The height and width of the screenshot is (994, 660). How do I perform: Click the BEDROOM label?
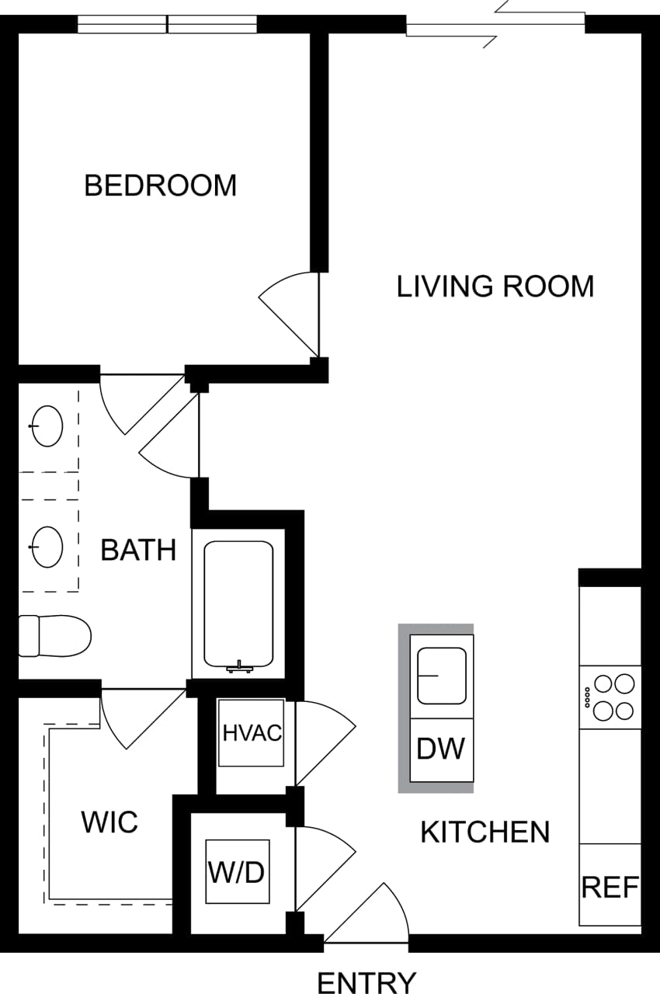pyautogui.click(x=160, y=186)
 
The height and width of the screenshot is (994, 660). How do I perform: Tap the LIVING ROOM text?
pyautogui.click(x=495, y=287)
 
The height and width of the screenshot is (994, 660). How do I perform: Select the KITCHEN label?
pyautogui.click(x=485, y=832)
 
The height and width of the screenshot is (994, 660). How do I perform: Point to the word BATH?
pyautogui.click(x=138, y=551)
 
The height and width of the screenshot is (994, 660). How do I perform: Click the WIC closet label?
pyautogui.click(x=109, y=822)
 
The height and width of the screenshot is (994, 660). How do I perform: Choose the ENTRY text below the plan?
pyautogui.click(x=366, y=982)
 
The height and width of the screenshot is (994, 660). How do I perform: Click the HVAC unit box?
pyautogui.click(x=251, y=733)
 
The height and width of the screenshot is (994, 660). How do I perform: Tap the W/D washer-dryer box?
pyautogui.click(x=237, y=872)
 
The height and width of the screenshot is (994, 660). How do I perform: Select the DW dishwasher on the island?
pyautogui.click(x=441, y=749)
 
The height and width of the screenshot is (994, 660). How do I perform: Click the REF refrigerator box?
pyautogui.click(x=610, y=885)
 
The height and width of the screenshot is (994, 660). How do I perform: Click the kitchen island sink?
pyautogui.click(x=441, y=676)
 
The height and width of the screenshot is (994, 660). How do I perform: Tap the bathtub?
pyautogui.click(x=238, y=604)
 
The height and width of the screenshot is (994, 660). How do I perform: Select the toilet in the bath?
pyautogui.click(x=54, y=635)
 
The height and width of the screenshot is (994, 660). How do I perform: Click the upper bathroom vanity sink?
pyautogui.click(x=47, y=426)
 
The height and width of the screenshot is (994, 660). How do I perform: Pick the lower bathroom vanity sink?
pyautogui.click(x=47, y=546)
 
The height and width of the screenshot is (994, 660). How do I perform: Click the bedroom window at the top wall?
pyautogui.click(x=167, y=25)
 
